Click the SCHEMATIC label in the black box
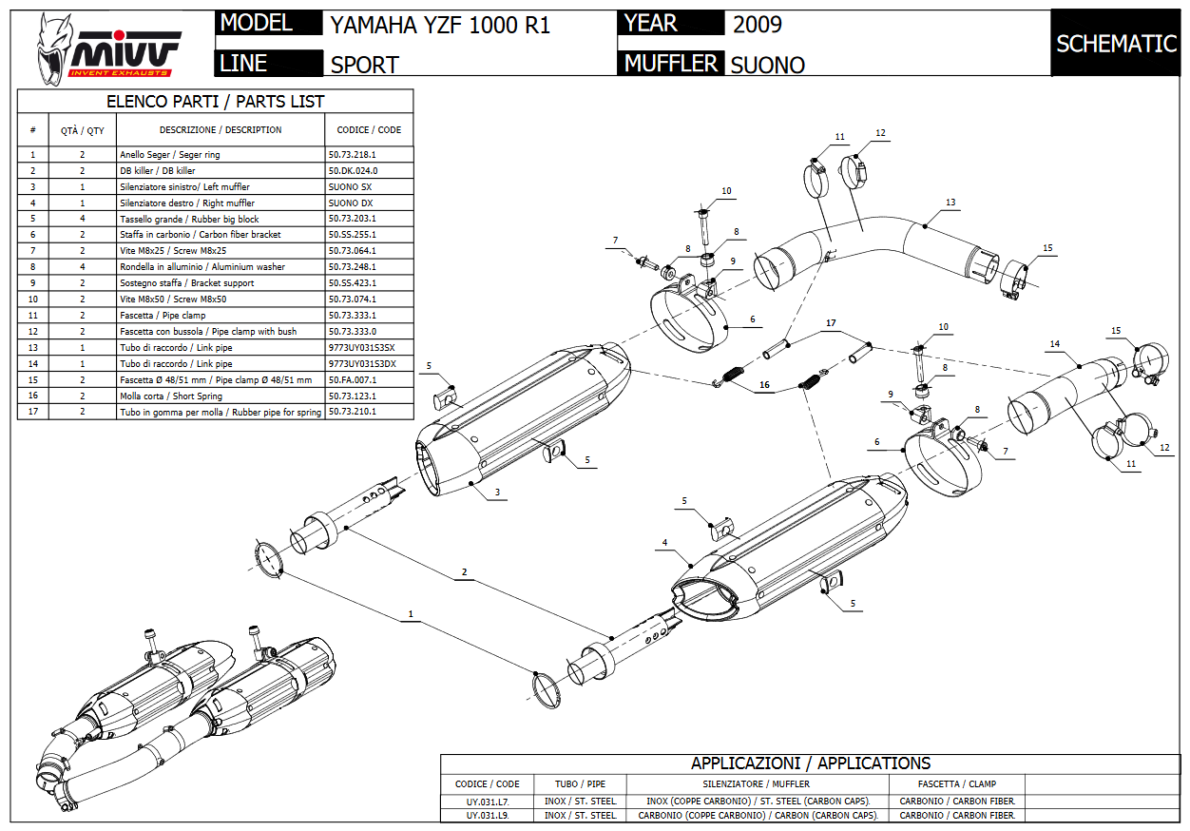tap(1116, 44)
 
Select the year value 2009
tap(758, 24)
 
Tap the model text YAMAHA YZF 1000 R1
tap(440, 26)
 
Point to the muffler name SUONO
tap(767, 65)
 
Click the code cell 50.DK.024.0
tap(353, 170)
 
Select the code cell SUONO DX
tap(351, 203)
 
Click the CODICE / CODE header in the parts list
tap(369, 129)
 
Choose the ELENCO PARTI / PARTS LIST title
tap(215, 102)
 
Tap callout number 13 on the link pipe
tap(950, 202)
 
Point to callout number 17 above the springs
tap(831, 323)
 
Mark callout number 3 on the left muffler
tap(496, 493)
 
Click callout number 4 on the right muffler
tap(664, 543)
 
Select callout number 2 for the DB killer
tap(464, 571)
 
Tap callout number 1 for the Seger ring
tap(411, 614)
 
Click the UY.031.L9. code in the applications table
tap(487, 815)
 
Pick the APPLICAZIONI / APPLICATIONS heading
tap(810, 763)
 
